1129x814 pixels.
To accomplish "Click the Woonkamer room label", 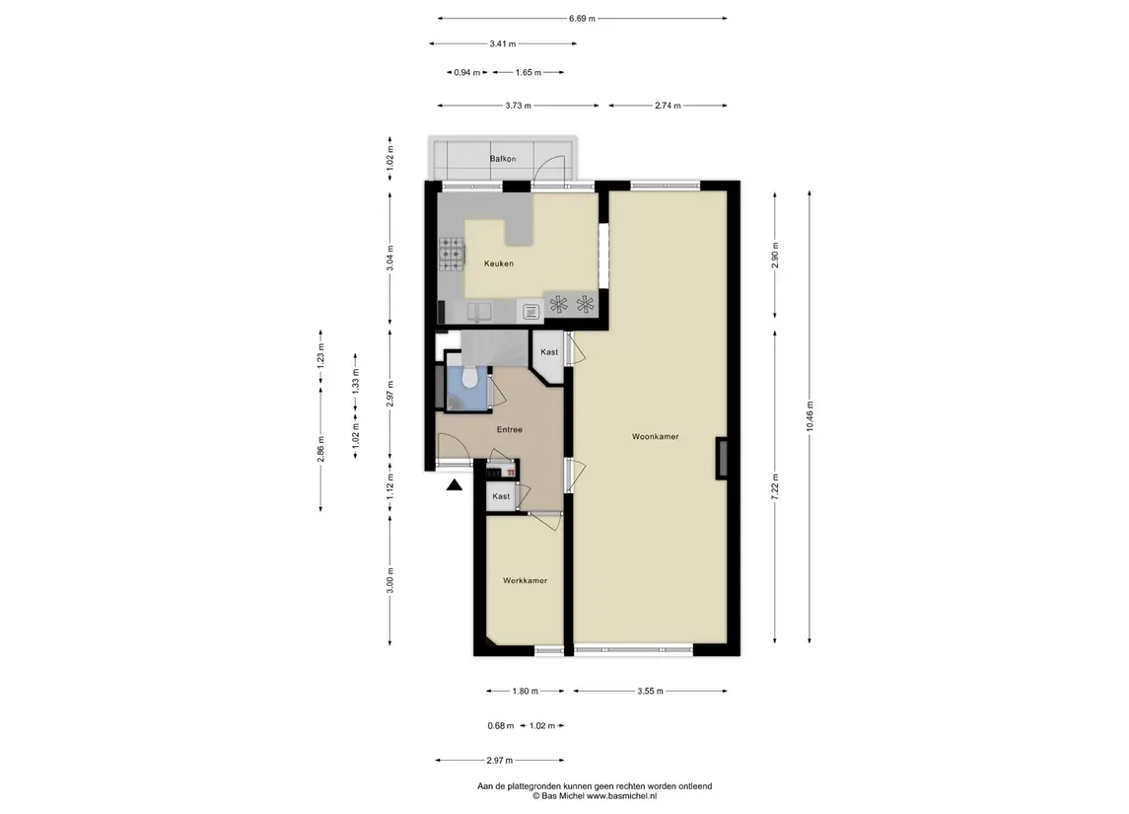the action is click(656, 436).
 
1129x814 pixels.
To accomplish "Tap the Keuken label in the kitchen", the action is click(498, 263).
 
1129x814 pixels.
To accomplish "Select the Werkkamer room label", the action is click(525, 580).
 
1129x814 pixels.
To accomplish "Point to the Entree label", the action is click(509, 430).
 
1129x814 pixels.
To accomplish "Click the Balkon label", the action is click(503, 159).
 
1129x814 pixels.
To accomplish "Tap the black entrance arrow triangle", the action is click(454, 485).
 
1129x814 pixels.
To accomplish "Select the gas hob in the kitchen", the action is click(453, 255).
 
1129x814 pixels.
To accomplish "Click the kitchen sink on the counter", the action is click(479, 312).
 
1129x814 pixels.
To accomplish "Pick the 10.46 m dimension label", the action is click(810, 416).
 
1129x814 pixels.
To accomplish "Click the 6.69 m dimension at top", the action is click(582, 19).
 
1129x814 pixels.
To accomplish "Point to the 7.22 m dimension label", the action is click(775, 487).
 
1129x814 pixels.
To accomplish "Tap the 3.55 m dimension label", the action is click(650, 692).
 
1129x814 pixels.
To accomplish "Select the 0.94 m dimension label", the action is click(467, 73).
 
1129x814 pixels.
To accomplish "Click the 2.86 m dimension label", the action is click(321, 449).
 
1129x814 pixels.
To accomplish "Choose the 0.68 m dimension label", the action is click(501, 726).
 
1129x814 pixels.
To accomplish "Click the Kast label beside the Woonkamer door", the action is click(549, 352).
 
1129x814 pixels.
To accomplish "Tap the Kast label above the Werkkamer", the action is click(501, 496).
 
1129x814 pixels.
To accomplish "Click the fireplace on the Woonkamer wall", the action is click(722, 458).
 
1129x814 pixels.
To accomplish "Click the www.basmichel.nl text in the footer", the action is click(621, 796).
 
